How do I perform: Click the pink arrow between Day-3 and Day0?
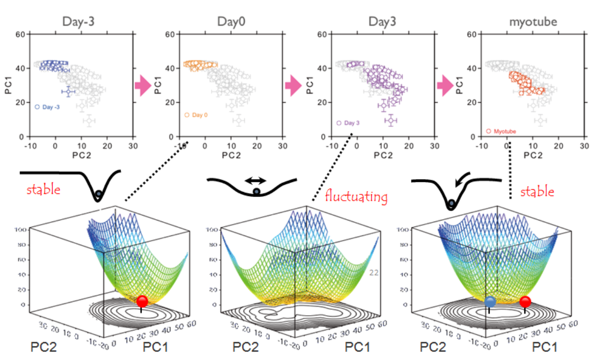[142, 85]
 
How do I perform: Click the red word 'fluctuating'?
[356, 197]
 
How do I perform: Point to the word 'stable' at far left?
[43, 189]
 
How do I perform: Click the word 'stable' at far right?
[537, 192]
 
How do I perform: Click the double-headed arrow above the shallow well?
[255, 180]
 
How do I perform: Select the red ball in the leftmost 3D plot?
[142, 302]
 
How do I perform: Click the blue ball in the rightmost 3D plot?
[491, 302]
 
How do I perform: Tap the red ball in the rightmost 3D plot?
[525, 302]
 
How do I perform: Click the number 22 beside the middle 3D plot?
[374, 273]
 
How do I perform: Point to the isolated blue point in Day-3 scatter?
[68, 91]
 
